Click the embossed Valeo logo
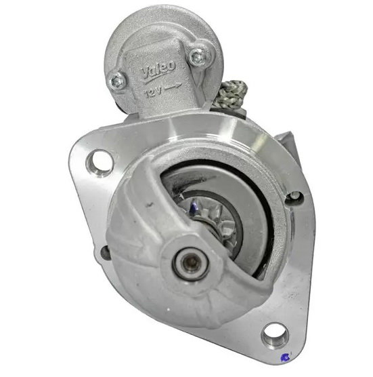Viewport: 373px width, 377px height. [x=158, y=71]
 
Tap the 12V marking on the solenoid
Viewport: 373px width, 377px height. [x=152, y=92]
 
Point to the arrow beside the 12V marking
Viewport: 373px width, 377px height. [x=173, y=87]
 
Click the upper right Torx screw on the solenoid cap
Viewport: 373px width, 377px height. [x=198, y=57]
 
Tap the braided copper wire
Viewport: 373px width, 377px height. [x=229, y=94]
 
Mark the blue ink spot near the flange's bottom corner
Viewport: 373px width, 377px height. [x=286, y=357]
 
